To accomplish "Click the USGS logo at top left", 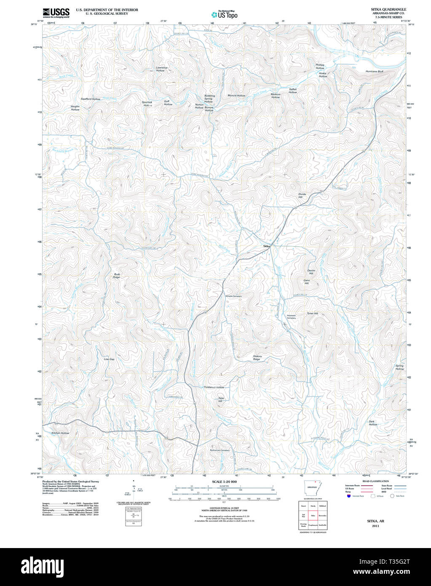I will click(x=56, y=12).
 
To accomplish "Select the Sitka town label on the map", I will click(x=266, y=245).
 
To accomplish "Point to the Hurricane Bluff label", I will click(x=374, y=72).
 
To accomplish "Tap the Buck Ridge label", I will click(x=117, y=276).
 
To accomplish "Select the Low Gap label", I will click(x=109, y=359).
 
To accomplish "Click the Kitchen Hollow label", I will click(x=60, y=433).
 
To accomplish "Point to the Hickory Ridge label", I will click(x=257, y=358).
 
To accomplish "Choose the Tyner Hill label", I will click(x=312, y=313).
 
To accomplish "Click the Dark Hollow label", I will click(x=373, y=423).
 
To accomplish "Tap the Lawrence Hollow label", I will click(x=162, y=69).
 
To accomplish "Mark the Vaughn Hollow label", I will click(x=75, y=108).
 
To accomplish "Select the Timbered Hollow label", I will click(x=214, y=387).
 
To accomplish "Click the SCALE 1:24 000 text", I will click(x=224, y=481).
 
